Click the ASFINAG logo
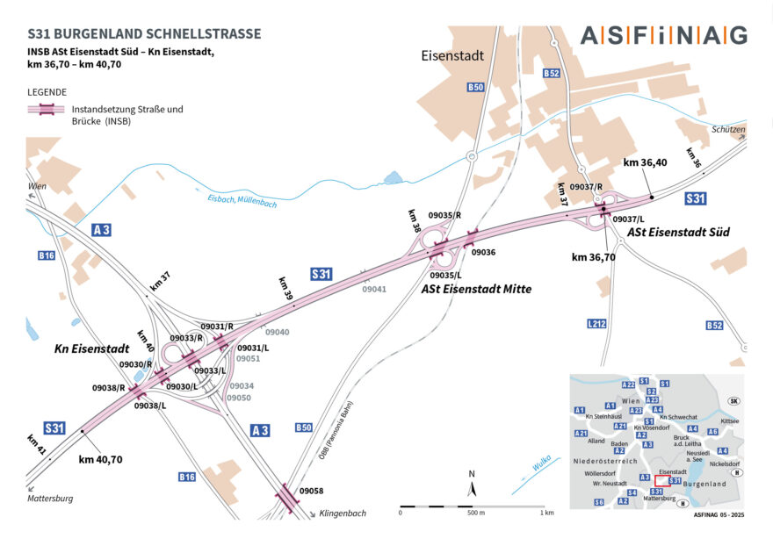(x=663, y=35)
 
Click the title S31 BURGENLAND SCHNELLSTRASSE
(x=144, y=34)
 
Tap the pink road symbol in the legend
(x=45, y=110)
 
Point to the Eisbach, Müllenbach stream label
(x=242, y=201)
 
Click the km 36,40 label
(x=645, y=163)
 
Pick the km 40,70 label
(x=100, y=459)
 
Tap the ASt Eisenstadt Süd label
(x=678, y=232)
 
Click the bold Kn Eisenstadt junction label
(x=92, y=348)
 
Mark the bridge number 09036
(x=483, y=253)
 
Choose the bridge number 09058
(x=311, y=491)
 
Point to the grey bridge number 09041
(x=374, y=288)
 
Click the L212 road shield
(x=597, y=325)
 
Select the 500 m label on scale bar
(x=476, y=513)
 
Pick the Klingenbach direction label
(x=343, y=513)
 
